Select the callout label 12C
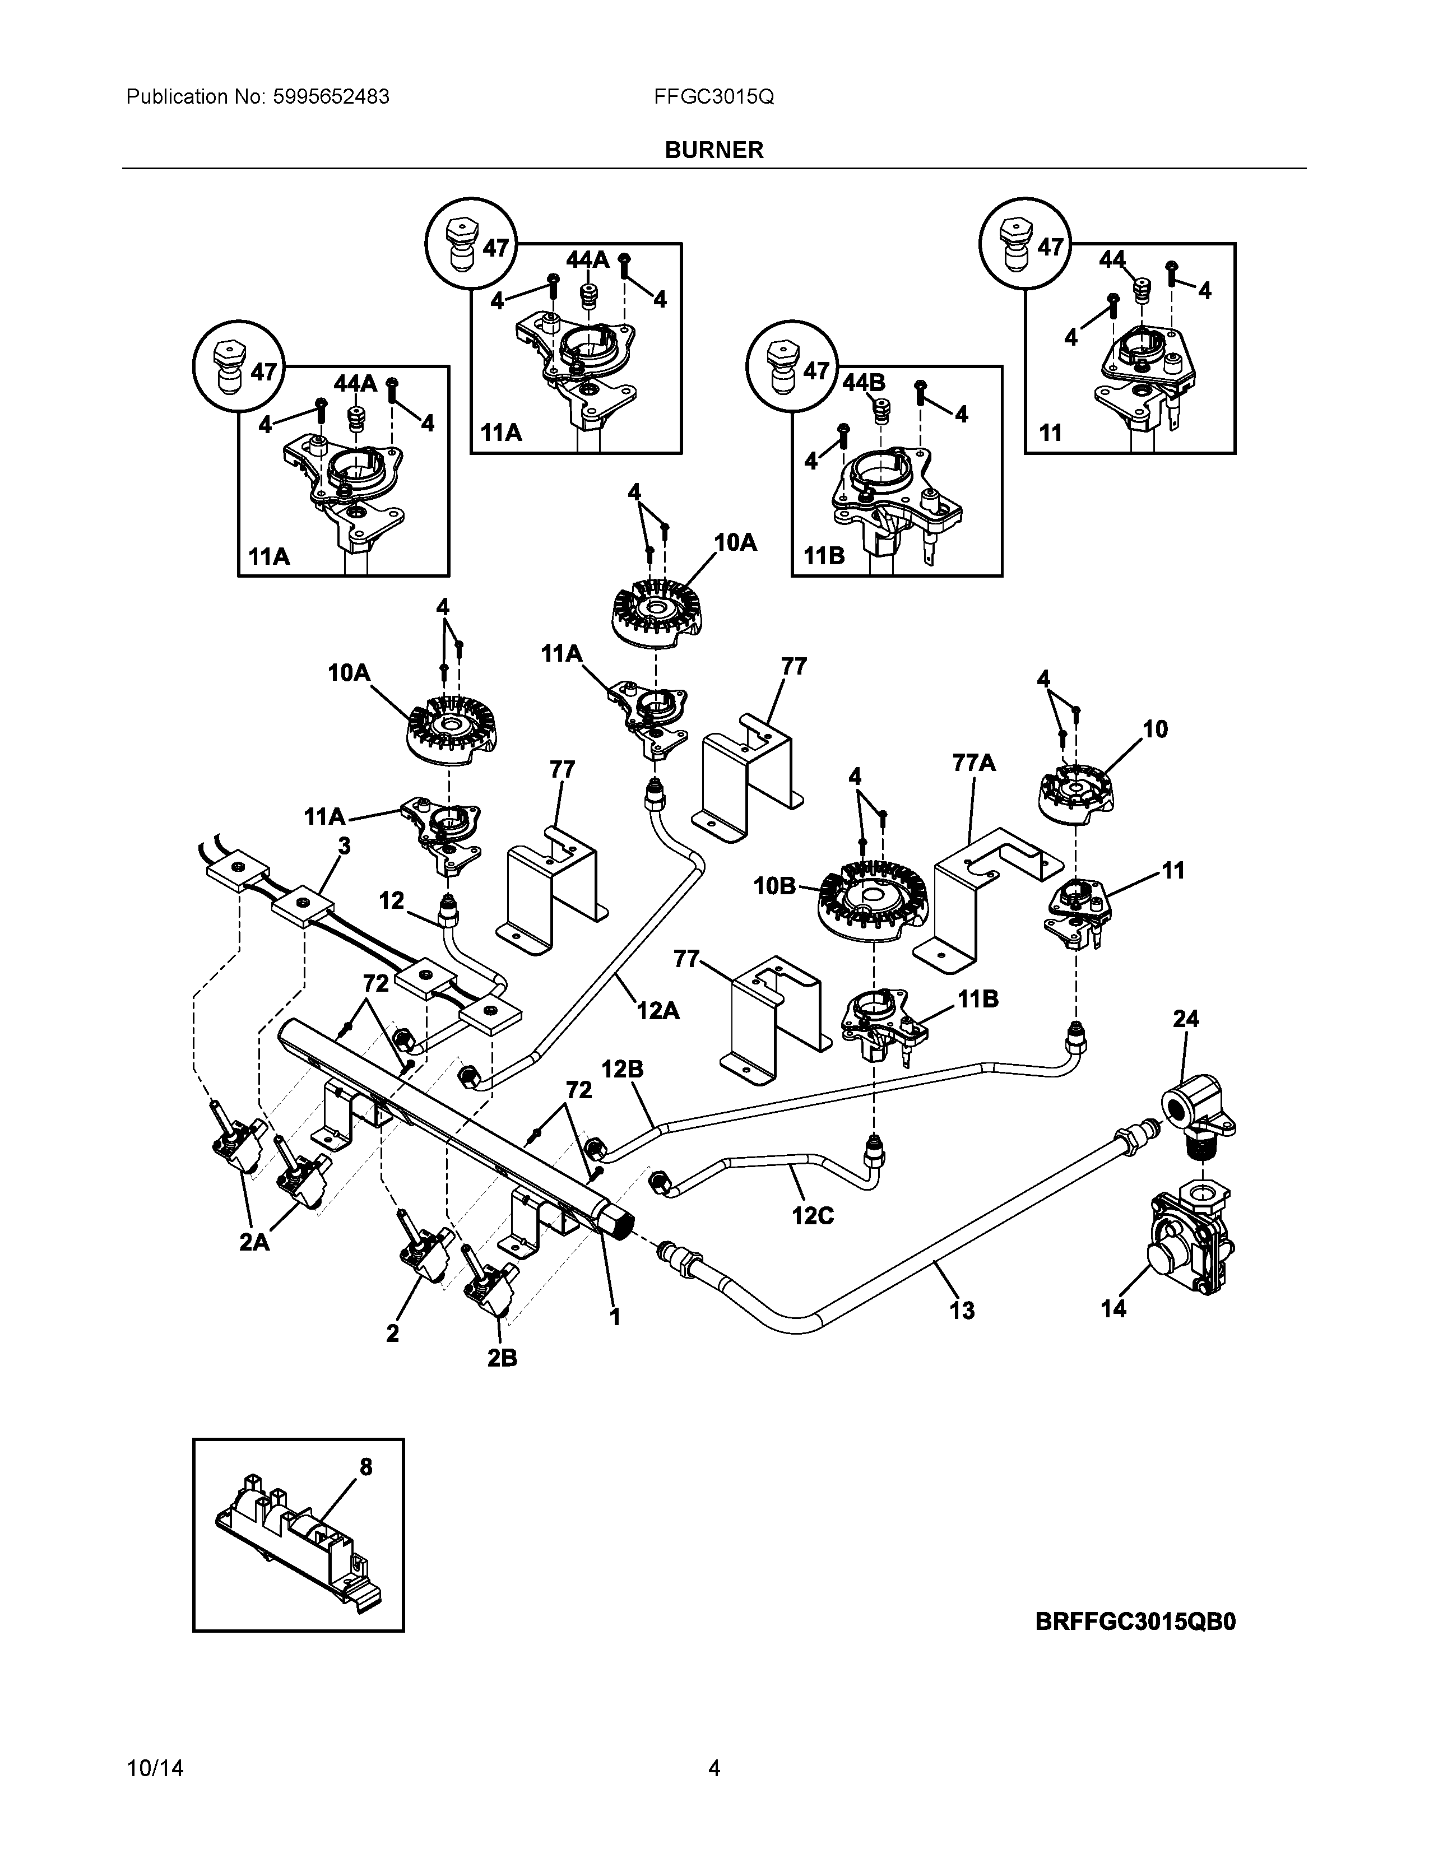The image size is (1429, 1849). point(813,1216)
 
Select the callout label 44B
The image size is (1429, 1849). point(864,383)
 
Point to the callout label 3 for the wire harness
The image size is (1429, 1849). point(344,845)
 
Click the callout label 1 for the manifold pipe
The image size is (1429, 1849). point(615,1317)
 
